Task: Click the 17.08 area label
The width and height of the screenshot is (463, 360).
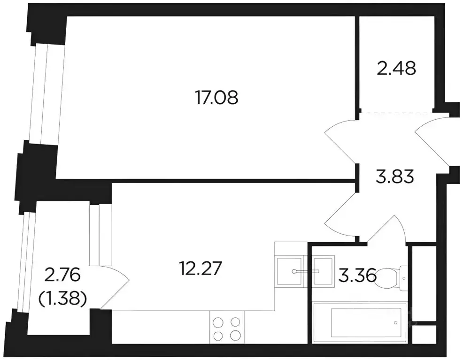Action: (x=216, y=98)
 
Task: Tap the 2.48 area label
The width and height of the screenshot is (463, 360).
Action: (x=397, y=69)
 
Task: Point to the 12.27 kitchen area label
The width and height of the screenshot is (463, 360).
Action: (x=201, y=268)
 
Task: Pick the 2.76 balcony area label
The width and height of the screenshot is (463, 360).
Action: (x=62, y=276)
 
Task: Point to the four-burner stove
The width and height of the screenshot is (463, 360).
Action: (x=227, y=328)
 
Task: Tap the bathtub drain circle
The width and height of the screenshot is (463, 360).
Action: (x=395, y=322)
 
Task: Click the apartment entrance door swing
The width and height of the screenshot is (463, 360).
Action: (x=432, y=142)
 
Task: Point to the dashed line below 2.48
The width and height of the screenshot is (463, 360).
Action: (x=397, y=113)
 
